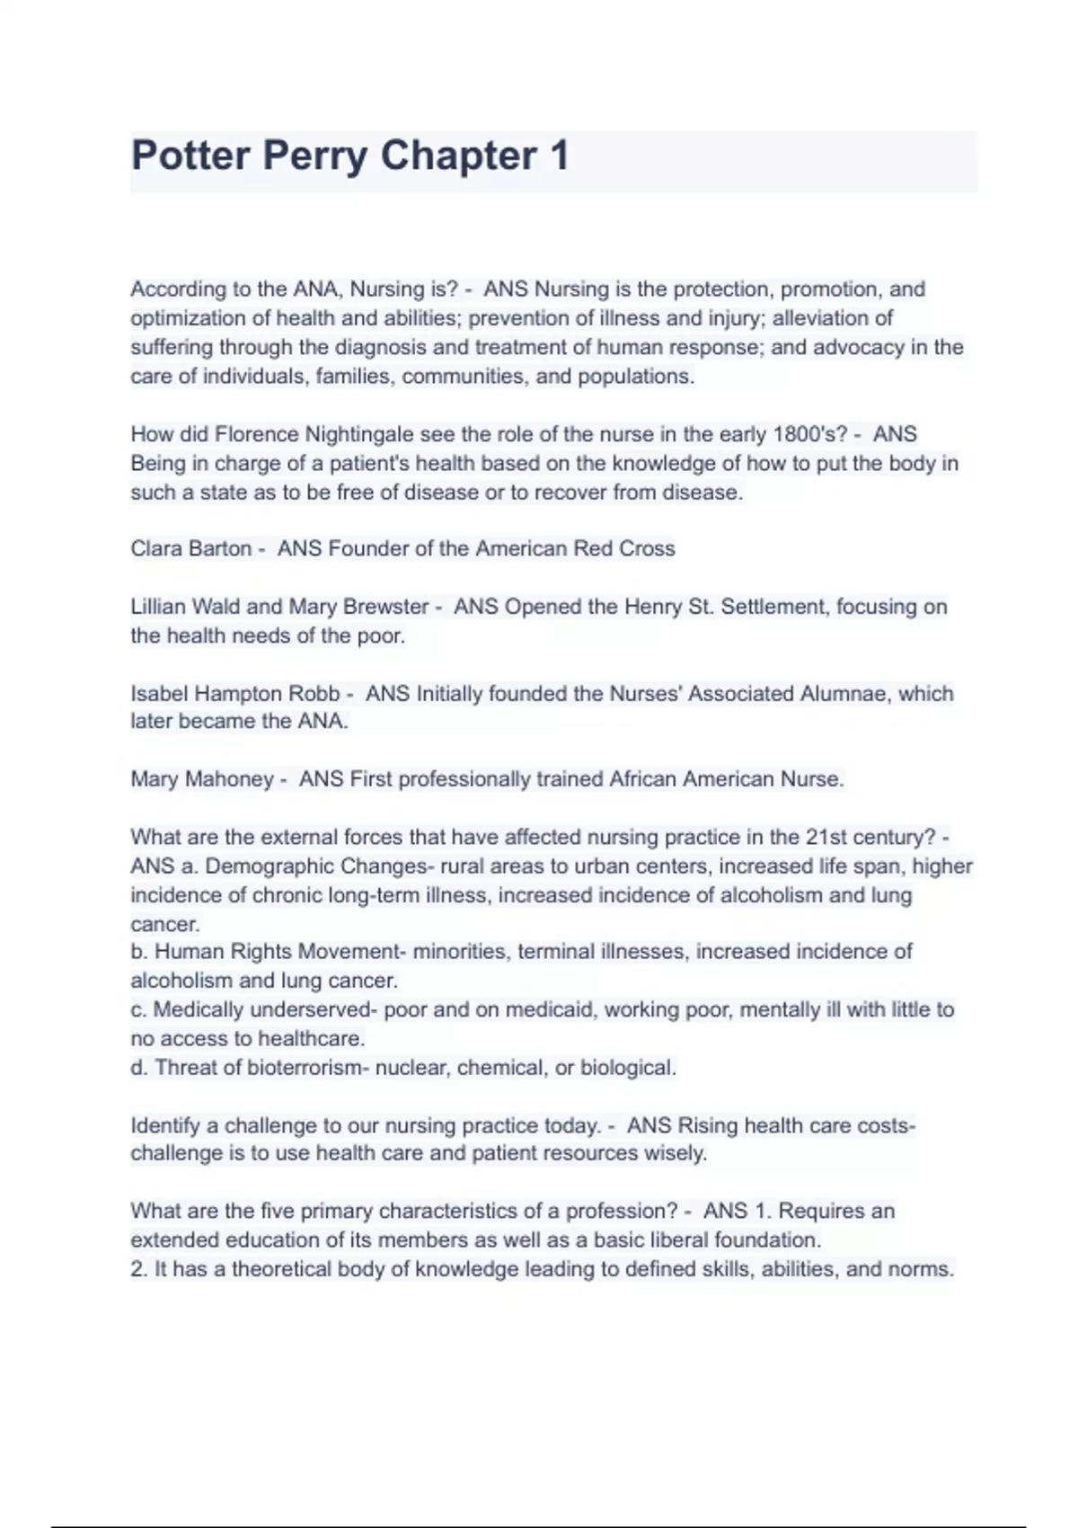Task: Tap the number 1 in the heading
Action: click(559, 155)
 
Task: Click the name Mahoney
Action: click(229, 779)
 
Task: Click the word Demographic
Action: click(270, 866)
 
